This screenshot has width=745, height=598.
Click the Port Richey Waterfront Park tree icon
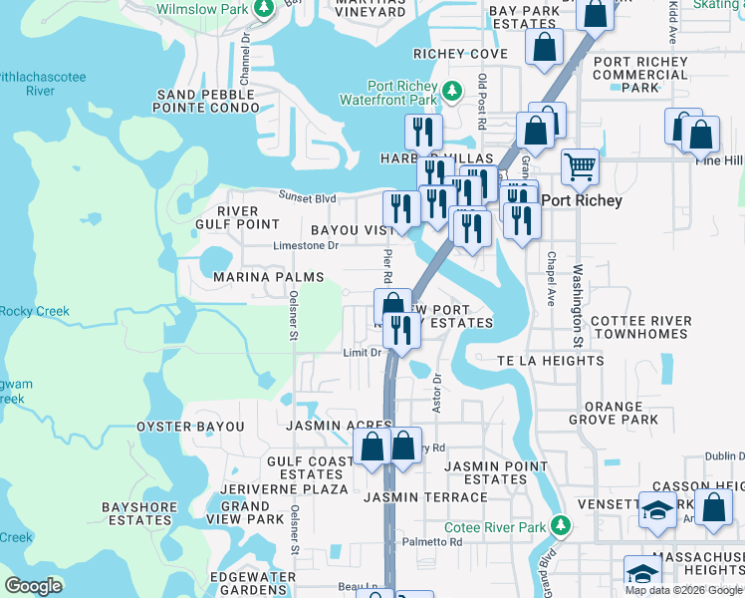[x=452, y=92]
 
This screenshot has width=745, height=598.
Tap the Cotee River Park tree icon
[x=562, y=525]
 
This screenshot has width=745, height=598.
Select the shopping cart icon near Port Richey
[x=579, y=164]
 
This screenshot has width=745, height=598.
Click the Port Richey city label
[x=582, y=200]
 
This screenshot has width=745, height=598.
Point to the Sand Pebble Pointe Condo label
[x=206, y=101]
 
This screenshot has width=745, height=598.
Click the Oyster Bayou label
[x=190, y=427]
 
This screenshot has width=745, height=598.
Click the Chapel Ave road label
[x=549, y=278]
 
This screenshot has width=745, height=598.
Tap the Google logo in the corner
[x=34, y=586]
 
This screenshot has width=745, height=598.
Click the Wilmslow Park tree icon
[x=264, y=9]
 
